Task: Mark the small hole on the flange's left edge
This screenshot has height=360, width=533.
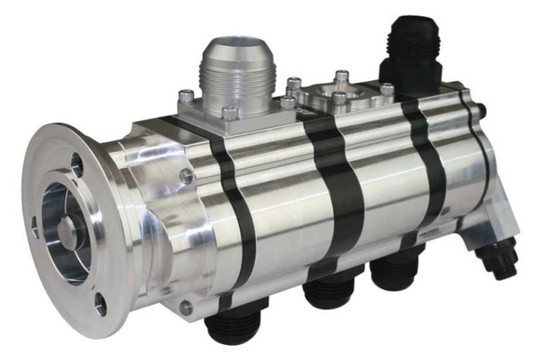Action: [34, 227]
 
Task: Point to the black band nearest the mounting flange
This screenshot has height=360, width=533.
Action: [233, 213]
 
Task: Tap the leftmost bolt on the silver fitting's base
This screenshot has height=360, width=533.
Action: [185, 96]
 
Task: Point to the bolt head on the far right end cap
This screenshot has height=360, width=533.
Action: [481, 111]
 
